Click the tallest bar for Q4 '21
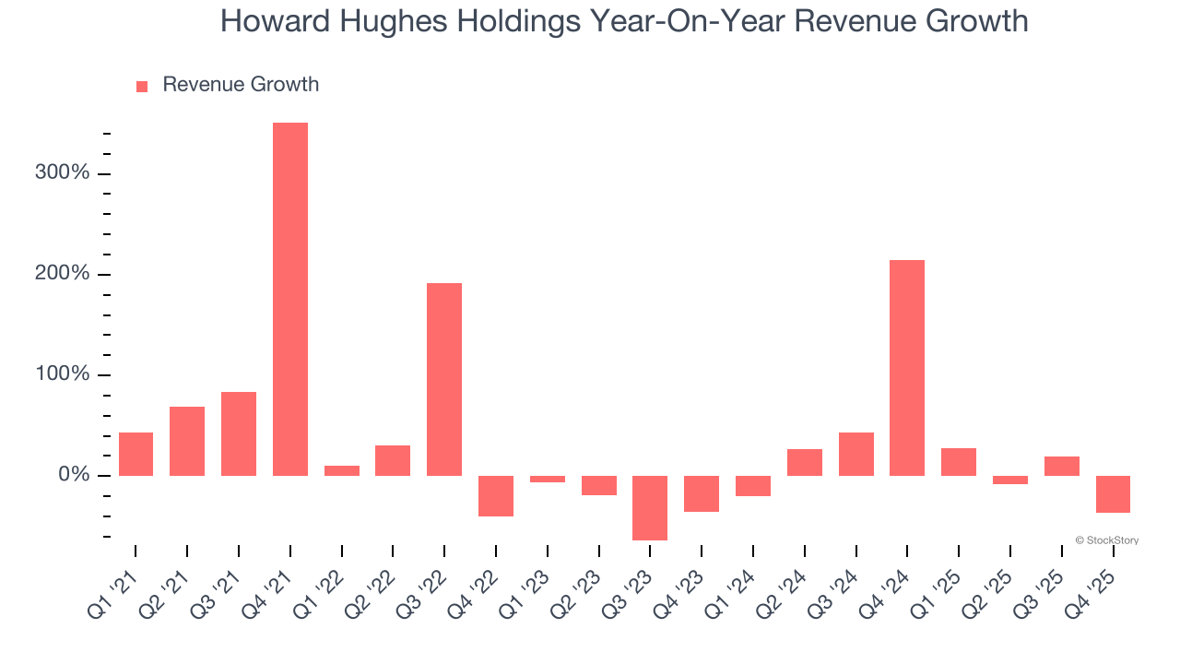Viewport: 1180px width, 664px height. pos(290,299)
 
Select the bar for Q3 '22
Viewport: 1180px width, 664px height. pos(444,379)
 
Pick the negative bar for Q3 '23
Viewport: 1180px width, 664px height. pos(650,507)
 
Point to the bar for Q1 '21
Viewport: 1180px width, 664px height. pos(136,454)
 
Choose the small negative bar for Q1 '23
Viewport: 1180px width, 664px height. pos(548,479)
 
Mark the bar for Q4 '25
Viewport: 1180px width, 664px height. pos(1113,493)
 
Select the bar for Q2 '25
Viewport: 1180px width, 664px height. pos(1010,480)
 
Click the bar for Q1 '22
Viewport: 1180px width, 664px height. pos(342,470)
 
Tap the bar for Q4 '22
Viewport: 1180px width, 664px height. pos(496,495)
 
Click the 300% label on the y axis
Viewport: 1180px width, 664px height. pos(64,173)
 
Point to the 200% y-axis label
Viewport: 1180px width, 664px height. pos(64,274)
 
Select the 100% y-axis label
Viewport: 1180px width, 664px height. pos(64,374)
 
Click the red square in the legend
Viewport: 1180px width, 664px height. pos(142,86)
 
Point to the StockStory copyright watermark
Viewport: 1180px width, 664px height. pos(1106,540)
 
